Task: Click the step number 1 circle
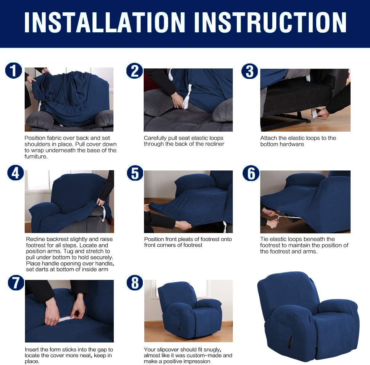click(14, 71)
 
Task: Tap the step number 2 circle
click(134, 71)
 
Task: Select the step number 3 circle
click(249, 71)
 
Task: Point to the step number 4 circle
click(15, 173)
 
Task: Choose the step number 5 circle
click(135, 173)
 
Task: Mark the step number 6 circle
click(251, 173)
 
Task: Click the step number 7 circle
click(16, 282)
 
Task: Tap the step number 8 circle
click(135, 282)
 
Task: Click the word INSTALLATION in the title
click(105, 22)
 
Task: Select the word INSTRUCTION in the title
click(270, 22)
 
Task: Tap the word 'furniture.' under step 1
click(36, 157)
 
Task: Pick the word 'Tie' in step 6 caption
click(264, 239)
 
